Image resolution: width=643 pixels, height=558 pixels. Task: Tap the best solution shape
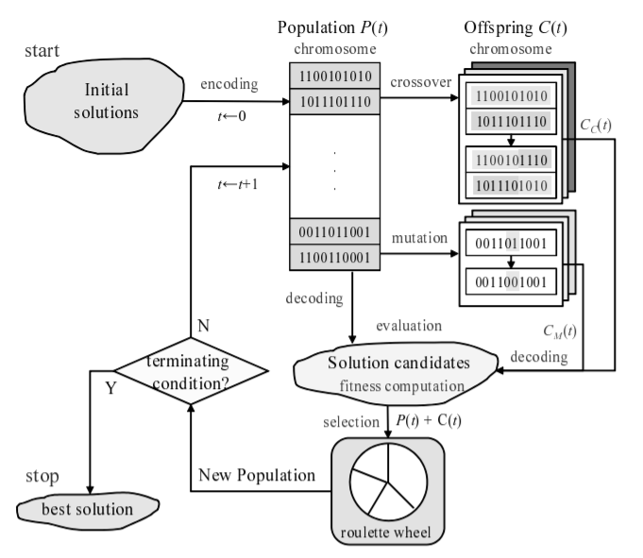click(x=88, y=510)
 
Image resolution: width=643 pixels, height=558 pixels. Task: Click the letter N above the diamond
click(x=202, y=325)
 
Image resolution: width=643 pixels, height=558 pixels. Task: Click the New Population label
click(x=256, y=474)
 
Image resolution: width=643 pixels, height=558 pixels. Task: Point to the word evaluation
click(x=410, y=326)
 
